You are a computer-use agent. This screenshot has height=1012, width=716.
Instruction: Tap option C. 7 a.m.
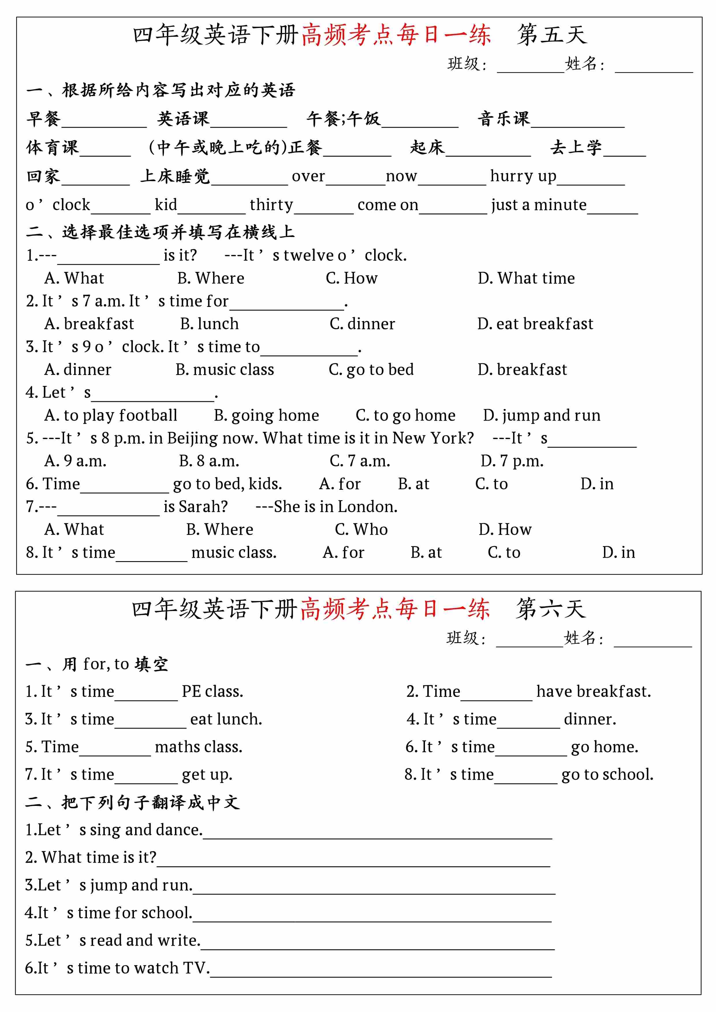click(x=359, y=461)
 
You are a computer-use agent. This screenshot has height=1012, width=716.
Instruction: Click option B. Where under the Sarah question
click(x=219, y=529)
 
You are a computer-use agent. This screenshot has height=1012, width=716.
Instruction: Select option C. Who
click(x=361, y=529)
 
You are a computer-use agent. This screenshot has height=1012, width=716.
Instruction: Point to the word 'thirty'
click(x=271, y=205)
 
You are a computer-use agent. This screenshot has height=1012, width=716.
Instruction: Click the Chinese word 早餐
click(x=43, y=119)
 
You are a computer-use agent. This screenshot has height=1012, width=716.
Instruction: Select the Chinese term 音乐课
click(x=504, y=119)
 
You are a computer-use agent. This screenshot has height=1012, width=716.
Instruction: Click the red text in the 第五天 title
click(x=396, y=35)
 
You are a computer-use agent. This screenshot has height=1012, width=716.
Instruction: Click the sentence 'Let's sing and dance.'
click(x=114, y=830)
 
